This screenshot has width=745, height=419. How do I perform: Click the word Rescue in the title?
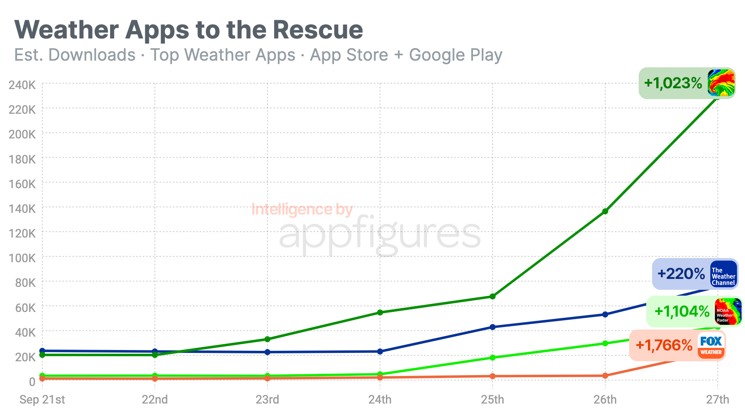(318, 30)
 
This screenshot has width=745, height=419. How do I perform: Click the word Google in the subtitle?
(437, 55)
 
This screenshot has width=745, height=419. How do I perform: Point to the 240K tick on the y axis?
(22, 85)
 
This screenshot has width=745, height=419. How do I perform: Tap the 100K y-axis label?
(22, 258)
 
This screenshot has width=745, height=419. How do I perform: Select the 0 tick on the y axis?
(32, 381)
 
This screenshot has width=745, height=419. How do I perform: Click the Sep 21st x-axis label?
(42, 400)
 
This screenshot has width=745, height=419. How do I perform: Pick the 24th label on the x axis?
(380, 400)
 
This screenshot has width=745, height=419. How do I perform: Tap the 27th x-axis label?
(717, 400)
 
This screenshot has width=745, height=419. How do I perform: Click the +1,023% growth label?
(673, 83)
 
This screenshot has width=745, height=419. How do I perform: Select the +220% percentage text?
(681, 274)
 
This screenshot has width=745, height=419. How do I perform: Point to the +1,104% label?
(682, 312)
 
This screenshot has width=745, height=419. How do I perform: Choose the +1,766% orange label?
(664, 345)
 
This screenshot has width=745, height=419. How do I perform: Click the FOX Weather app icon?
(711, 345)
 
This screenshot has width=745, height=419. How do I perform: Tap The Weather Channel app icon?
(723, 274)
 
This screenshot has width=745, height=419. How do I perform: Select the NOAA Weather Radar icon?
(728, 312)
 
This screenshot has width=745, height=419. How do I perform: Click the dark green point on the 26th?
(605, 212)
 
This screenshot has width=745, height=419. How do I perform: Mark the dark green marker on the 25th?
(493, 296)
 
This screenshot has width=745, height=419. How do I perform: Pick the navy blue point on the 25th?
(493, 327)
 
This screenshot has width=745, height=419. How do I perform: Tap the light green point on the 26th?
(605, 343)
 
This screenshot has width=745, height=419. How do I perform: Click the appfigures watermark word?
(379, 235)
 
